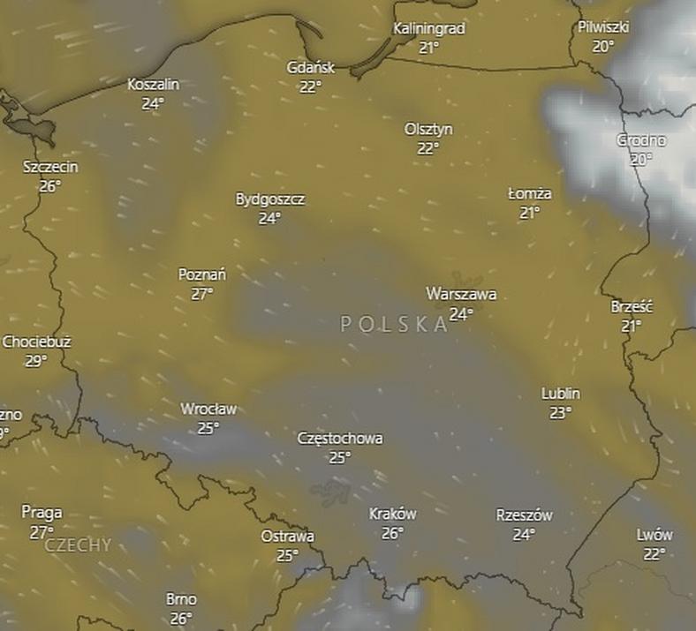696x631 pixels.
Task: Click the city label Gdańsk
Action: click(x=311, y=68)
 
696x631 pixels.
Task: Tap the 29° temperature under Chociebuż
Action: click(x=35, y=361)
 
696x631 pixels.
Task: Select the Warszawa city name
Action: click(x=460, y=294)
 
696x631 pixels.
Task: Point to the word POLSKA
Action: click(x=394, y=324)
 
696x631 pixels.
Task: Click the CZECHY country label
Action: click(x=78, y=545)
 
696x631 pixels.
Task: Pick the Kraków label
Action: click(x=392, y=514)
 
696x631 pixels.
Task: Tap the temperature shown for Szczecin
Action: click(x=49, y=185)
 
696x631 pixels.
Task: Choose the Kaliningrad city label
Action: click(x=429, y=28)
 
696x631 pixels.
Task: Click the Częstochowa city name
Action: click(x=340, y=438)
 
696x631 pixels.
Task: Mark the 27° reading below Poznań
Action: click(x=202, y=294)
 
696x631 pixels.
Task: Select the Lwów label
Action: click(x=654, y=535)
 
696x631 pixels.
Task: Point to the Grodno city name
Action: click(x=641, y=140)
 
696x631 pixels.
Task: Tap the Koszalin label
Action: click(x=153, y=84)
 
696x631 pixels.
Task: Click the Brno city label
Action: click(x=181, y=599)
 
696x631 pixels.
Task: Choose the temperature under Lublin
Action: click(x=560, y=412)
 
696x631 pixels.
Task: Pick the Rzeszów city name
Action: click(x=524, y=515)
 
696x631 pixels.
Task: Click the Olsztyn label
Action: click(x=428, y=129)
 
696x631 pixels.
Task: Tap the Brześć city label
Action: click(x=632, y=306)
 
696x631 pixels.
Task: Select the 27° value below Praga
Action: click(x=42, y=532)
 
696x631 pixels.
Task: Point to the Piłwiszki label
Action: click(x=603, y=26)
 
